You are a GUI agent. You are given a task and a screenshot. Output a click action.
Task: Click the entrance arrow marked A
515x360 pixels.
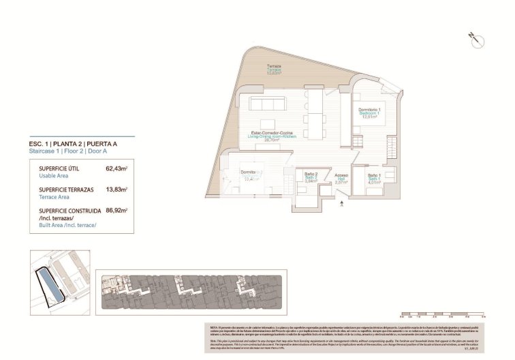click(343, 201)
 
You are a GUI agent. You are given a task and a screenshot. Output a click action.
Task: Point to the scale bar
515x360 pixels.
click(443, 315)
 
